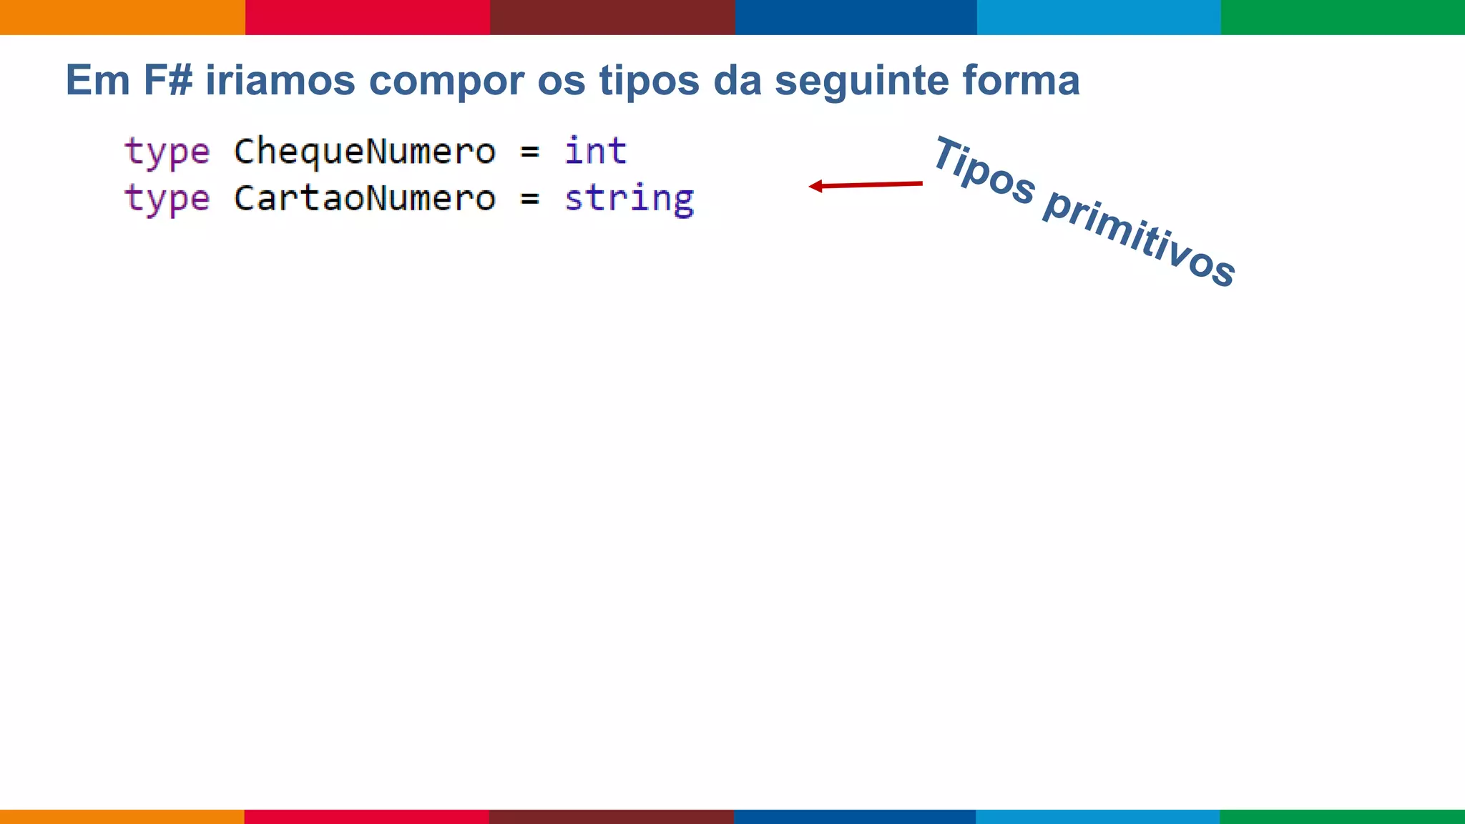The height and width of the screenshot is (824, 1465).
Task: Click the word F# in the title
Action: (167, 80)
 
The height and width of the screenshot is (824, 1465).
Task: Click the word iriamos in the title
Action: (280, 80)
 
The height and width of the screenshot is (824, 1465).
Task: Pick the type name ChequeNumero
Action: (364, 152)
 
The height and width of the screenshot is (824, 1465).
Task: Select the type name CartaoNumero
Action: (364, 198)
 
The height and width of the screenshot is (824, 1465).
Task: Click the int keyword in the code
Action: (595, 152)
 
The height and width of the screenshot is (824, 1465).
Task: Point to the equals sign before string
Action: (529, 199)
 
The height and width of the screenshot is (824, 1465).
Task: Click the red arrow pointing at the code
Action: (866, 185)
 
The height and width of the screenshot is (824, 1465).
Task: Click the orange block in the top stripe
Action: (122, 17)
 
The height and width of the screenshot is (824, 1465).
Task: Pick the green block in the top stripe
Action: (1343, 17)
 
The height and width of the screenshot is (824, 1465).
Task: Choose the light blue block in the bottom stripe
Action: (1098, 816)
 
